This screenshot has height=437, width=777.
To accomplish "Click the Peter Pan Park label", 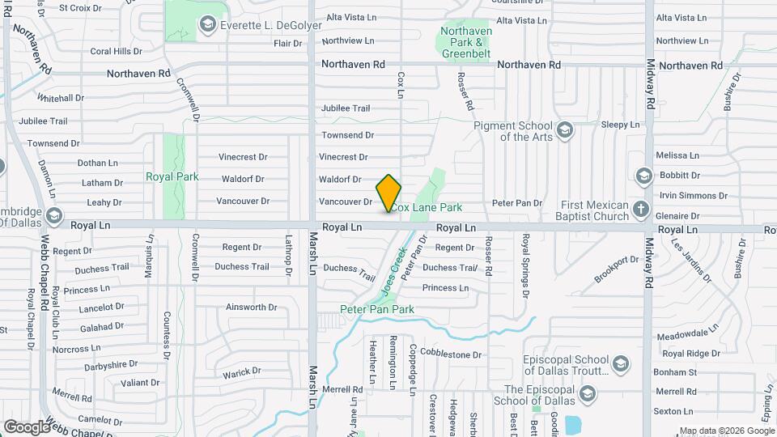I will click(x=376, y=309).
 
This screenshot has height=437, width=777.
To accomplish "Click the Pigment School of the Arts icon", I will click(x=564, y=129).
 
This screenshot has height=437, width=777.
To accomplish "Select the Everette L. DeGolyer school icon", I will click(x=208, y=25).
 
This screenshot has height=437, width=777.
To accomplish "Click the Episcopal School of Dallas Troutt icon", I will click(x=621, y=362).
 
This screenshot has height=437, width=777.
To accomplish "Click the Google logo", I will click(x=27, y=426).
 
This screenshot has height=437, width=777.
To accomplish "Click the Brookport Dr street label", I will click(x=616, y=269).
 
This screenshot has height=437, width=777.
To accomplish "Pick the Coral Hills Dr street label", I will click(x=116, y=51).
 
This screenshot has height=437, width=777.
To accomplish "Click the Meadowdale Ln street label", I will click(x=688, y=333).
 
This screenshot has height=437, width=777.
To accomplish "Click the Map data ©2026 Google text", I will click(x=726, y=431).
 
